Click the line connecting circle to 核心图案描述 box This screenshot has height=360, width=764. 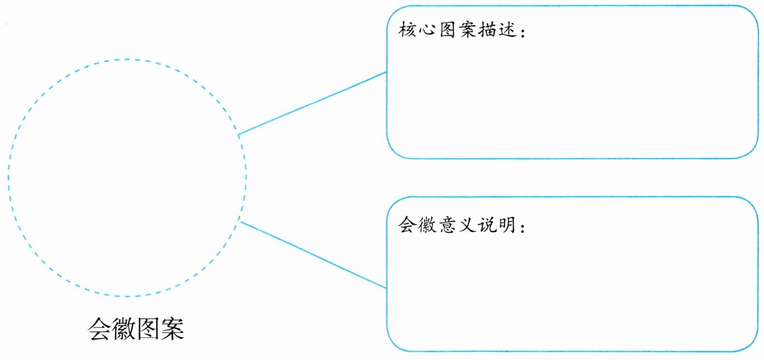(x=312, y=103)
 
